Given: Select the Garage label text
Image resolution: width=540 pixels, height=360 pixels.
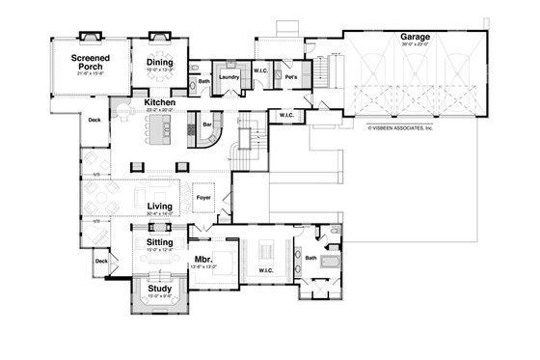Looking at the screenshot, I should coord(416,38).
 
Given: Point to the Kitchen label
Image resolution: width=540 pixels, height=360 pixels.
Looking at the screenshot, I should coord(159,101).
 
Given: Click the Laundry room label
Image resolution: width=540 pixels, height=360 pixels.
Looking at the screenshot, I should coord(229,75).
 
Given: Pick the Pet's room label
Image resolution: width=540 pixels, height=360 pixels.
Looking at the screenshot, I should coord(290,75).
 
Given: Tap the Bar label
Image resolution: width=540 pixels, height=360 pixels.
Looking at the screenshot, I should coord(205,125).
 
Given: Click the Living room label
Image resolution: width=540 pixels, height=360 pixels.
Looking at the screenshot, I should coord(159,207).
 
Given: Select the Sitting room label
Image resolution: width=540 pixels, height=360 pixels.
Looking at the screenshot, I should coord(159,242).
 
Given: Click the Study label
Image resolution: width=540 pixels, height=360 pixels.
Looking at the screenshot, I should coord(158,288).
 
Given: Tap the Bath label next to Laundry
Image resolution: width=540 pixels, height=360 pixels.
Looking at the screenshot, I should coord(204,82).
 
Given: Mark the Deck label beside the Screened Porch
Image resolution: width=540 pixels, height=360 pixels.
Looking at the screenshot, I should coord(94,121).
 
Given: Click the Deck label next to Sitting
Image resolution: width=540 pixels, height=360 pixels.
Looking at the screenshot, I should coord(101,261).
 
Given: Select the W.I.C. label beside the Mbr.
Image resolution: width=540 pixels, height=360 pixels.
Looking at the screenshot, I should coord(266,270).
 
